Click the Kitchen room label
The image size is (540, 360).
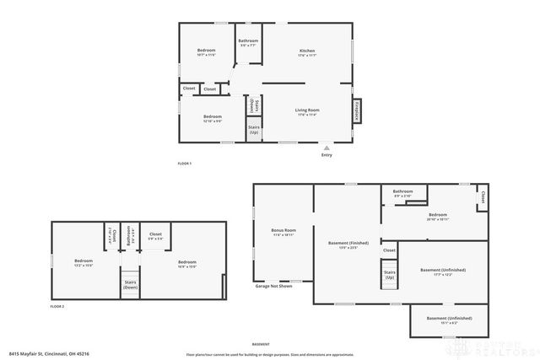pos(307,52)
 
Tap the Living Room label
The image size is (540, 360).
pos(306,110)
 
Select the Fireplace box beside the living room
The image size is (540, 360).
pos(357,110)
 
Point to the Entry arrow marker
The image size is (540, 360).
pos(327,146)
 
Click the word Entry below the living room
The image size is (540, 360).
pos(327,154)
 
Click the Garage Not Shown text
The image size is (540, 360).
pos(274,287)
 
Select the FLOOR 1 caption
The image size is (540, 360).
pos(185,163)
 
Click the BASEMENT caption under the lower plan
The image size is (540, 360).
pos(262,344)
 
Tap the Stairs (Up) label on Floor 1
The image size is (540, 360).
pos(253,131)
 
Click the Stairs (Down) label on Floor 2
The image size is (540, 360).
pos(131,285)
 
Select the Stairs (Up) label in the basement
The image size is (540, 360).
pos(389,274)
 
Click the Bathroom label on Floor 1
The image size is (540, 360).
pos(248,42)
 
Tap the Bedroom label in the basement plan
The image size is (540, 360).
pos(437,216)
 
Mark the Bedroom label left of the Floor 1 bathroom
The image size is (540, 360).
pos(207,52)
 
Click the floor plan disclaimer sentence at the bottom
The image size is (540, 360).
pos(269,353)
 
